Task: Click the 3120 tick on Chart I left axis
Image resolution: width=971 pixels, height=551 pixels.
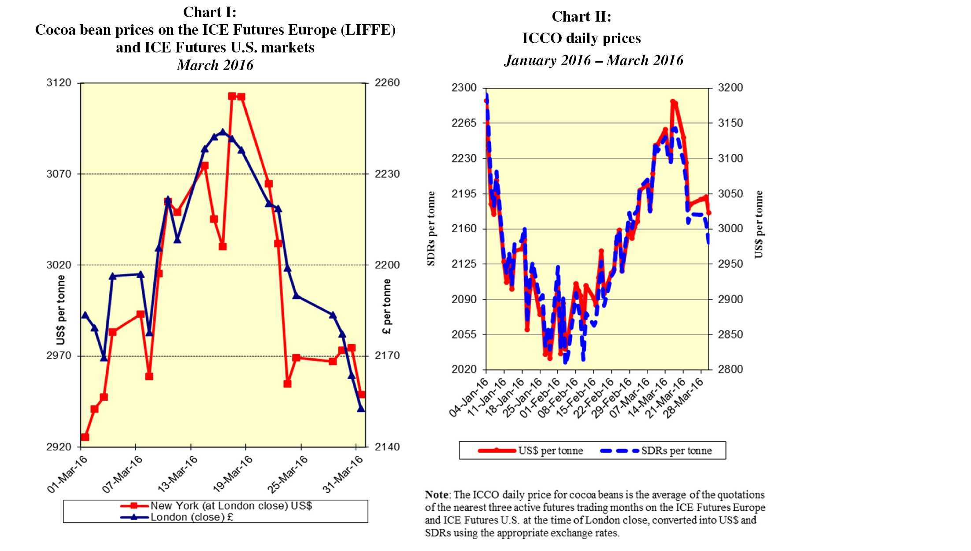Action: point(59,83)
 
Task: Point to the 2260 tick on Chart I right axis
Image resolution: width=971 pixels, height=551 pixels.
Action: point(387,83)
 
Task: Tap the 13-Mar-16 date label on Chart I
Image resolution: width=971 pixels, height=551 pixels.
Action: point(178,474)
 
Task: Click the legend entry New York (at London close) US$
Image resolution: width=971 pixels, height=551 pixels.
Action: point(231,506)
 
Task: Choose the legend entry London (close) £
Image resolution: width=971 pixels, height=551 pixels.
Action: point(192,517)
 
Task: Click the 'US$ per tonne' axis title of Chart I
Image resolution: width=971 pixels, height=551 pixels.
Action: point(61,310)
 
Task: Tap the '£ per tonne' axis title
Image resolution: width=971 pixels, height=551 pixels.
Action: point(387,306)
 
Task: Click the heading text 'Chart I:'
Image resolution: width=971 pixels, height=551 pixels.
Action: point(209,12)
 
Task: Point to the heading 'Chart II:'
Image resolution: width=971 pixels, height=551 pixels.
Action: point(581,17)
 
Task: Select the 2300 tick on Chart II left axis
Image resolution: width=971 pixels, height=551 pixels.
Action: point(464,88)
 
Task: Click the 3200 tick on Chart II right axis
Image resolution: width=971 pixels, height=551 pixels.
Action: point(730,88)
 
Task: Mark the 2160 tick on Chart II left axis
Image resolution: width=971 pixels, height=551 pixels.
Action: point(464,229)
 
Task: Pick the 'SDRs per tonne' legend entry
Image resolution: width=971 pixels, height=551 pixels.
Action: point(676,451)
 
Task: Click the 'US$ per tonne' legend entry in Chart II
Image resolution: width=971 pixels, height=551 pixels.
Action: point(550,451)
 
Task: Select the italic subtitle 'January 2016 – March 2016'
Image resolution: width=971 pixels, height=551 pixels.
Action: point(593,60)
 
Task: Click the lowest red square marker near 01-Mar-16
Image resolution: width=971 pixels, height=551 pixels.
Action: point(85,437)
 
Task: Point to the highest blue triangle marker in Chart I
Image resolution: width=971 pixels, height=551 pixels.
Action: point(223,131)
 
